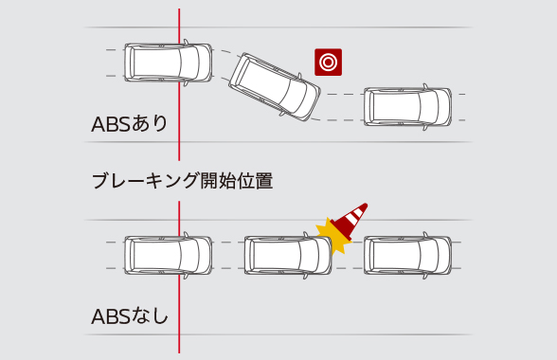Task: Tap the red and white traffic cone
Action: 353,220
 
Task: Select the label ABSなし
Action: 129,315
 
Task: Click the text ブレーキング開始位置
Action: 182,181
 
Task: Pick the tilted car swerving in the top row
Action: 276,86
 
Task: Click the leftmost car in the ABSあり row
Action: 168,63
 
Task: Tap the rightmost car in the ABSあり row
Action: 408,106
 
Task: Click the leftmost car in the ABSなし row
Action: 168,254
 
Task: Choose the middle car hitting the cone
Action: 288,254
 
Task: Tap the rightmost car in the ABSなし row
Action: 408,254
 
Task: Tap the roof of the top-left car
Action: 163,63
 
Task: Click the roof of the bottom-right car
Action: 404,254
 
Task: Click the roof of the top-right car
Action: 404,106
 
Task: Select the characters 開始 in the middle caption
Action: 218,181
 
